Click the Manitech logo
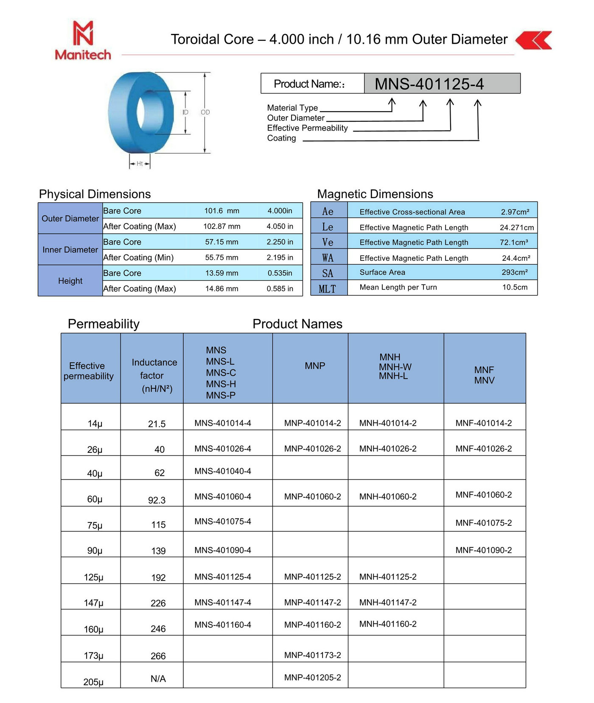(83, 41)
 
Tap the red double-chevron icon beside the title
(534, 40)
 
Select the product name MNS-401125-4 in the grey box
(429, 84)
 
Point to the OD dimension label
(205, 112)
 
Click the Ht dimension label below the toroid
(140, 164)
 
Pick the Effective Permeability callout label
(307, 128)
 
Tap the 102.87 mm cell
(221, 226)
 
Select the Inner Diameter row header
(70, 250)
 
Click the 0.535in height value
(280, 273)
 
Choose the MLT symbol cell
(328, 289)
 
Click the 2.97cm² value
(515, 212)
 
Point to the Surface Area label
(382, 272)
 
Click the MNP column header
(315, 366)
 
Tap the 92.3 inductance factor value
(157, 500)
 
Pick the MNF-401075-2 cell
(483, 523)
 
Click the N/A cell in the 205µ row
(158, 679)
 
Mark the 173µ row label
(93, 656)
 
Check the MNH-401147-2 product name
(387, 603)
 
